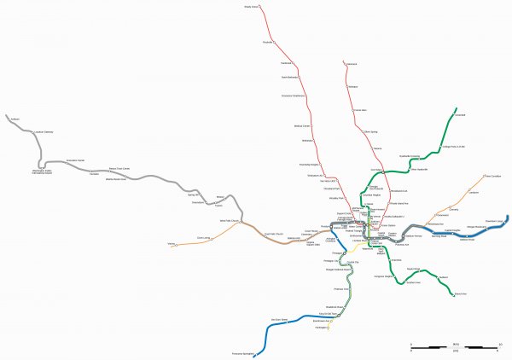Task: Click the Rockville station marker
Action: [274, 43]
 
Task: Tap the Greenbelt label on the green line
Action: [460, 114]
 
